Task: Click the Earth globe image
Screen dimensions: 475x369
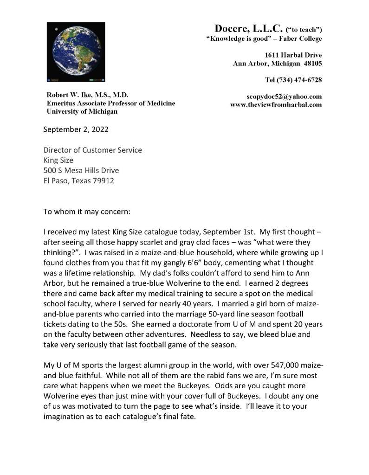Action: click(x=76, y=52)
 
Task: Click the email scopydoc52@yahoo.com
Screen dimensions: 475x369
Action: click(x=284, y=96)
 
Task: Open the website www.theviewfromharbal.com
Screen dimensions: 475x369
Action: click(x=276, y=104)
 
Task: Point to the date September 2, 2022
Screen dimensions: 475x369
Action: click(x=76, y=129)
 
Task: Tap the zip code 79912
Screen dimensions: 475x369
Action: click(x=103, y=180)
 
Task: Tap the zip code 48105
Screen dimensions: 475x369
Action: click(x=312, y=64)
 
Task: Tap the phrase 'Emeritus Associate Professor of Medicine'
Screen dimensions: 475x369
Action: click(x=110, y=103)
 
